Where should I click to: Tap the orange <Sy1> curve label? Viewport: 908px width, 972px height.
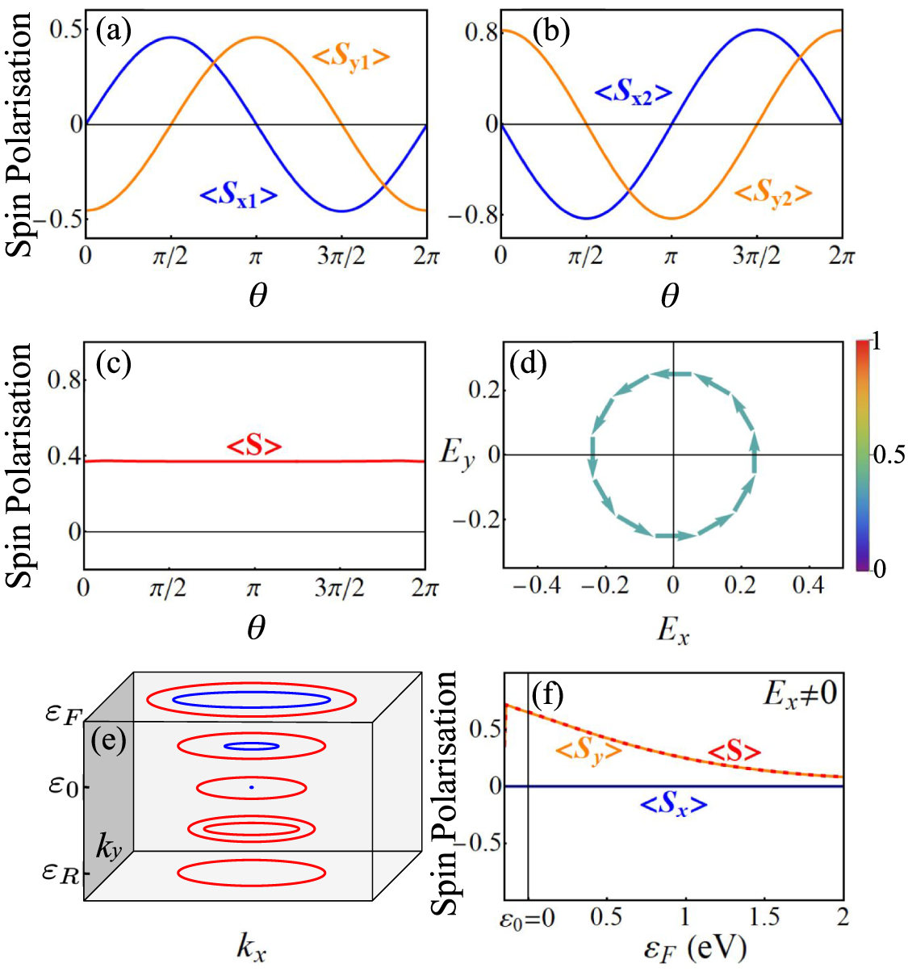[x=350, y=58]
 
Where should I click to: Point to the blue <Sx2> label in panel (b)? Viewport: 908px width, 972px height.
[x=633, y=93]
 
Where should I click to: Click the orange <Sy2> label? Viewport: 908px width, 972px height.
[x=772, y=194]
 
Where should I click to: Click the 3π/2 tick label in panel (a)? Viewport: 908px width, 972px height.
[x=341, y=258]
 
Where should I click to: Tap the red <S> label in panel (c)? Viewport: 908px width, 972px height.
[x=254, y=446]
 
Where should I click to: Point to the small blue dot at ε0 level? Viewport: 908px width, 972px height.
[x=252, y=787]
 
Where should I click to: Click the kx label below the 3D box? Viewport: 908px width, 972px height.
[x=251, y=948]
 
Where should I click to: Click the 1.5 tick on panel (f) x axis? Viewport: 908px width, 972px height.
[x=764, y=918]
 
